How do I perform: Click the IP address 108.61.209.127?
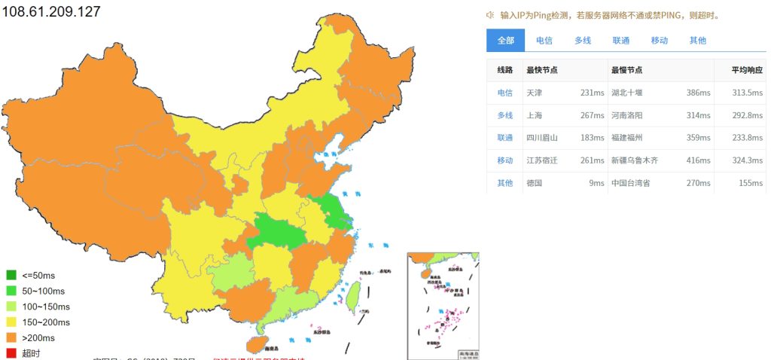[51, 12]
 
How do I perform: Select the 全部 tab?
[505, 41]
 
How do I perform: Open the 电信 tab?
[544, 41]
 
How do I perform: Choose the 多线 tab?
[582, 41]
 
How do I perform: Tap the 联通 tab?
[620, 41]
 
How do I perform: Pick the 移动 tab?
[659, 41]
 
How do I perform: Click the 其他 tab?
[697, 41]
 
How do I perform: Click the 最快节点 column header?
[541, 70]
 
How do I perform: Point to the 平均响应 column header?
[748, 70]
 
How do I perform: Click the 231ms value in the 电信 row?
[592, 93]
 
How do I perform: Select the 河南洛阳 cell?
[626, 115]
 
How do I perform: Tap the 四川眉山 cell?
[542, 138]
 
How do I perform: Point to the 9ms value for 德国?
[597, 183]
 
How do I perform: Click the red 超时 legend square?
[11, 353]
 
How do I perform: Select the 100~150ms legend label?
[46, 307]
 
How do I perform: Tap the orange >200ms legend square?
[11, 337]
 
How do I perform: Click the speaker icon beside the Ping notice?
[490, 14]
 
